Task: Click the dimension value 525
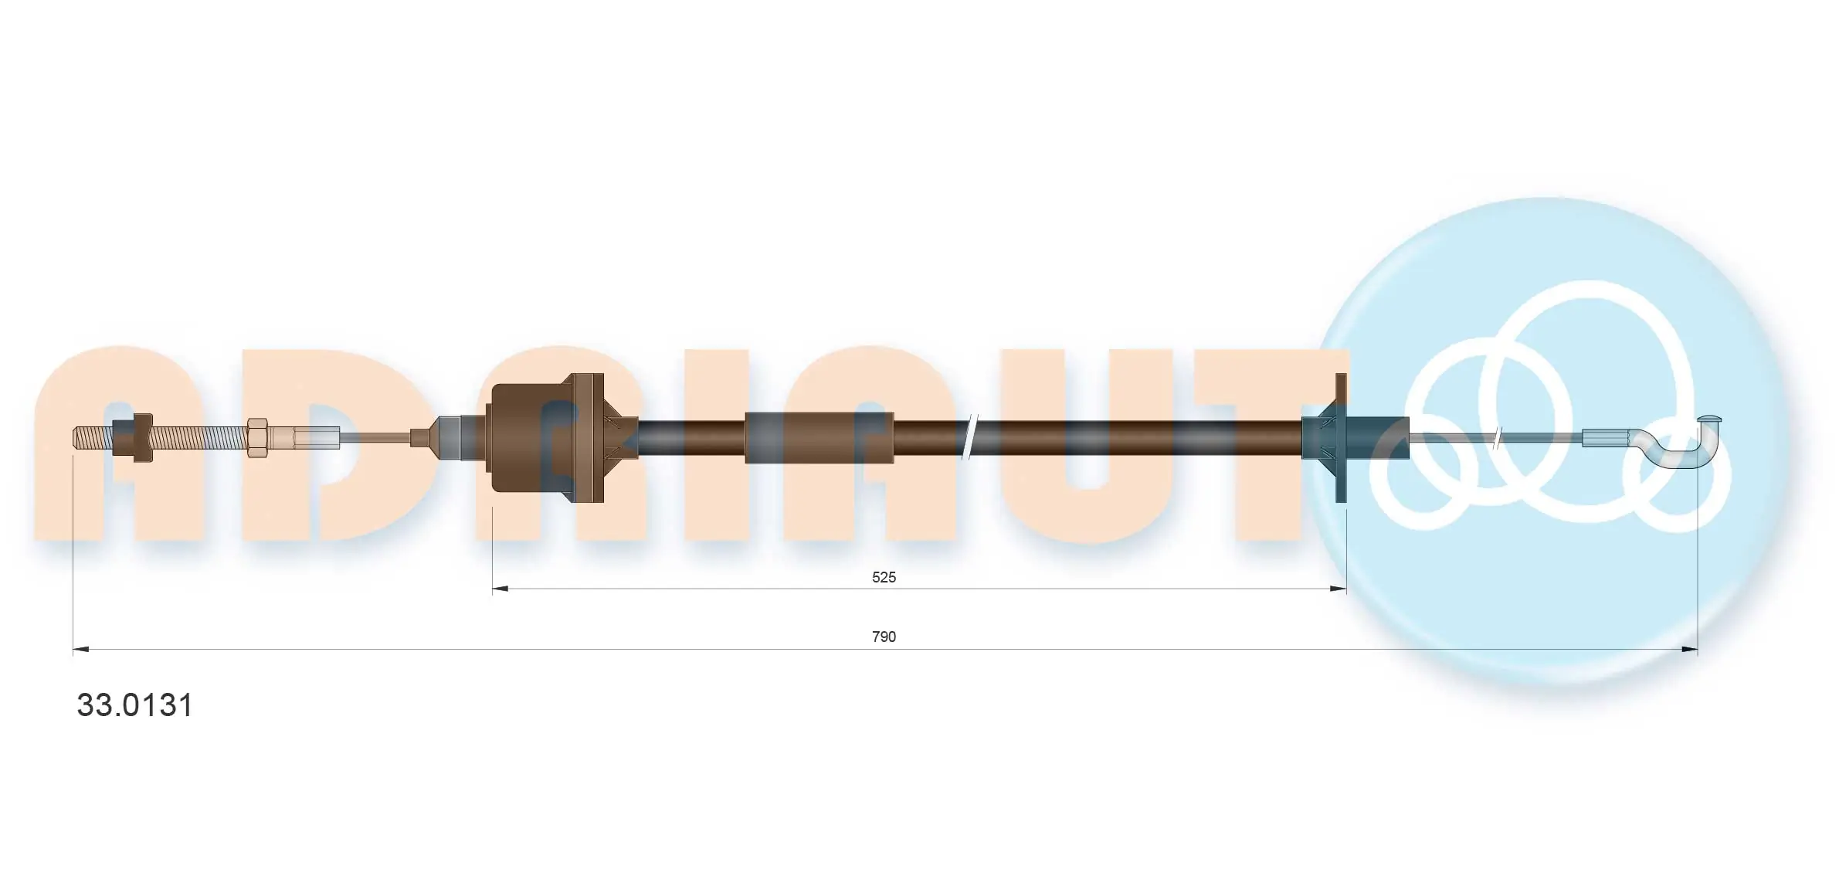click(x=884, y=577)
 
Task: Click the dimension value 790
click(x=884, y=637)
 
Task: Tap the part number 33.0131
click(x=134, y=705)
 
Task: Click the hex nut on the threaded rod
click(x=258, y=438)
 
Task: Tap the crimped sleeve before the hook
click(x=1605, y=439)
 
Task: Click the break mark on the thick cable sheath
click(x=970, y=438)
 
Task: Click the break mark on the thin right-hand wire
click(x=1498, y=439)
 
